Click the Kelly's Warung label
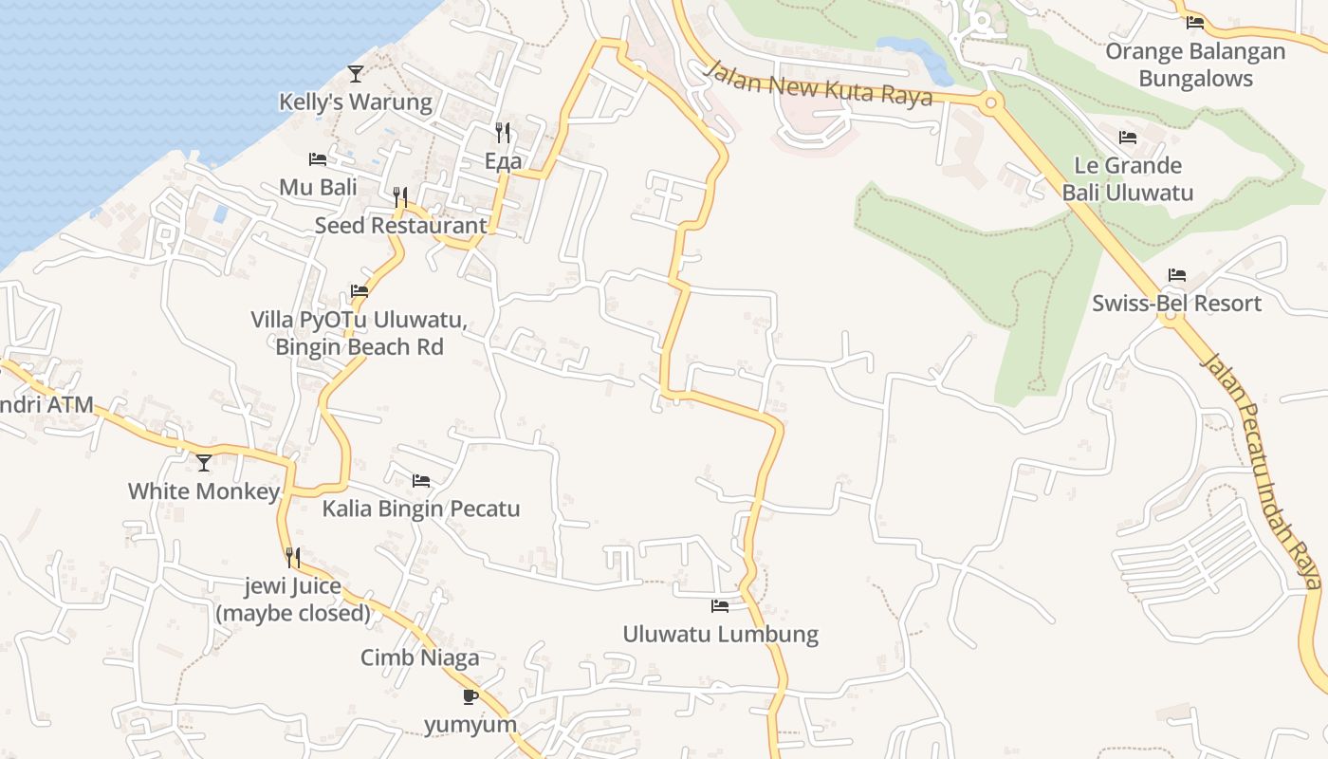pyautogui.click(x=355, y=102)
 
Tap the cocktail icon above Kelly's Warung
pyautogui.click(x=356, y=73)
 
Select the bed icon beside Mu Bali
pyautogui.click(x=318, y=159)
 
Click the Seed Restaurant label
pyautogui.click(x=400, y=226)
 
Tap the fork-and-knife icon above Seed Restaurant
pyautogui.click(x=401, y=197)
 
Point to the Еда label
pyautogui.click(x=503, y=161)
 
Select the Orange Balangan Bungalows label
pyautogui.click(x=1195, y=65)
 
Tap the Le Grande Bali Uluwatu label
pyautogui.click(x=1127, y=179)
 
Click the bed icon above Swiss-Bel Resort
pyautogui.click(x=1177, y=276)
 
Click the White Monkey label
pyautogui.click(x=204, y=491)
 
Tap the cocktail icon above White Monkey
pyautogui.click(x=204, y=463)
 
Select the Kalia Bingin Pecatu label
pyautogui.click(x=421, y=509)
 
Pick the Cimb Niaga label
pyautogui.click(x=420, y=657)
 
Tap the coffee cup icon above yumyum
pyautogui.click(x=470, y=697)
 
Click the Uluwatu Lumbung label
pyautogui.click(x=720, y=634)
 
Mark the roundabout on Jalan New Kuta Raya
pyautogui.click(x=991, y=102)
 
